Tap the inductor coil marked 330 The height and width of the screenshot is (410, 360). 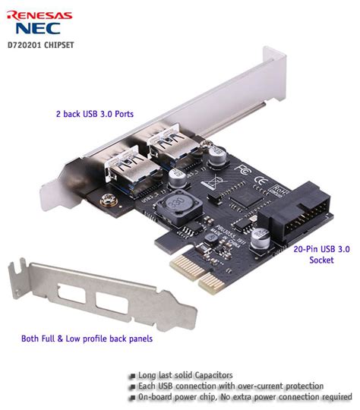click(x=181, y=206)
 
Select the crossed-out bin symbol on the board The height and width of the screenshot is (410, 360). click(x=214, y=181)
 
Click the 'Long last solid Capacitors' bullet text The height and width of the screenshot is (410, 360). click(x=185, y=375)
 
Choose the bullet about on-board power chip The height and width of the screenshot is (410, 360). click(x=240, y=396)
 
